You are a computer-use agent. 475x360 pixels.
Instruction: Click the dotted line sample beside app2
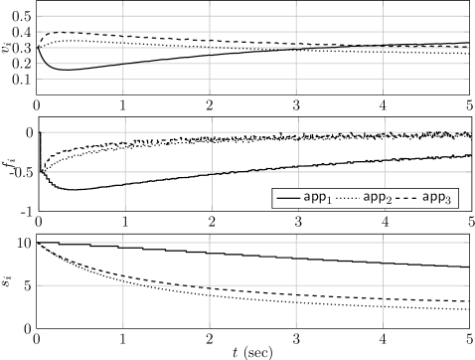click(347, 198)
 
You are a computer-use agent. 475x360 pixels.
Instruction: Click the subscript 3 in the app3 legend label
click(450, 201)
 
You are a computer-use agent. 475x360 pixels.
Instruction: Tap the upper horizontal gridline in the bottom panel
click(248, 242)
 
